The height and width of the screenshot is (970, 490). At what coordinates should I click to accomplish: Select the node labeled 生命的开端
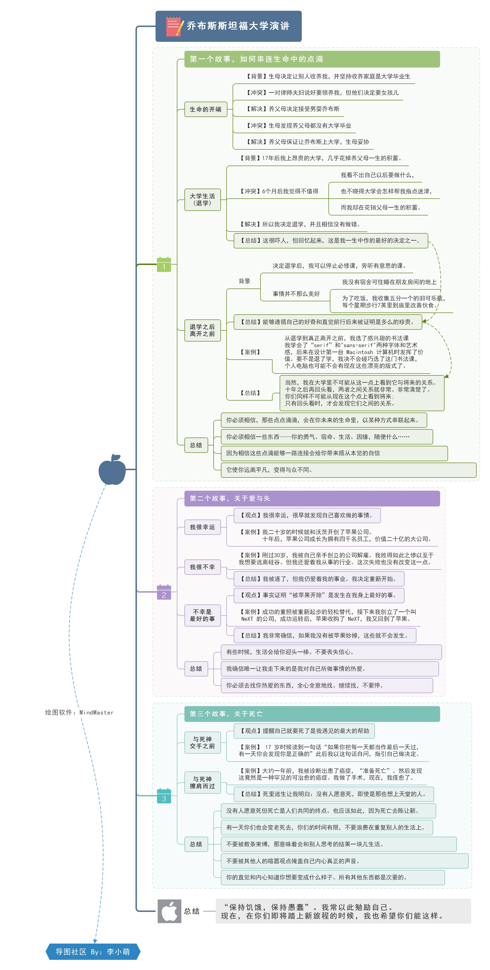point(206,109)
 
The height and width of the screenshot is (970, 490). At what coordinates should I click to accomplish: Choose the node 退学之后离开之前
point(202,330)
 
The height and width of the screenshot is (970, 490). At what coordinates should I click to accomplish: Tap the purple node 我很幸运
point(202,527)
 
